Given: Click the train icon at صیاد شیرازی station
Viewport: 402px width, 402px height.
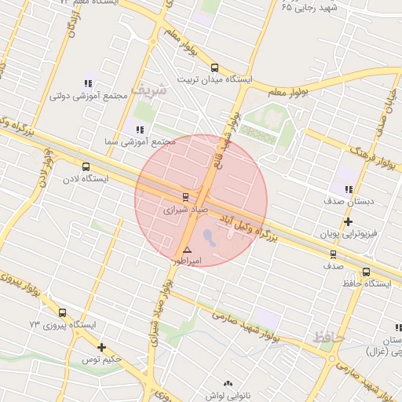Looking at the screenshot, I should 186,196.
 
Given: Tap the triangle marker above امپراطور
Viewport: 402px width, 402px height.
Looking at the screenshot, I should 187,250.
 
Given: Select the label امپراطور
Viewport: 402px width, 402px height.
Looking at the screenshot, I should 187,261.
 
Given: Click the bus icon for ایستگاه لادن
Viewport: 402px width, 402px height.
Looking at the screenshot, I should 86,166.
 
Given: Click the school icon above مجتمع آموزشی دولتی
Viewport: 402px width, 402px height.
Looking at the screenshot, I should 88,83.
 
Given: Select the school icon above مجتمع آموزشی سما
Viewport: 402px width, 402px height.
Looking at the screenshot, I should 139,130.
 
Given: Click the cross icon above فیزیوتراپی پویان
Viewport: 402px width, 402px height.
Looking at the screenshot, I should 349,222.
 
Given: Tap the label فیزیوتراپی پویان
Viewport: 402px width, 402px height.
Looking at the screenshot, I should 349,234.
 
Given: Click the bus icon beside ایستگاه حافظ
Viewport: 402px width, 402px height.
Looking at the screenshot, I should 367,272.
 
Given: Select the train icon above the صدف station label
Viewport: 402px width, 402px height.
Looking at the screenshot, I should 334,254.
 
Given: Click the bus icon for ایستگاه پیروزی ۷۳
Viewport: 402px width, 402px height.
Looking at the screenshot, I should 63,312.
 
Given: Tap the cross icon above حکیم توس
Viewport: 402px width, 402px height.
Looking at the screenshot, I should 101,347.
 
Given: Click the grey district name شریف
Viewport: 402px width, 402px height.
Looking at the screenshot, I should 148,89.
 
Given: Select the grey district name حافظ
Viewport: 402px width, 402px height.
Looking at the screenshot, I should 328,338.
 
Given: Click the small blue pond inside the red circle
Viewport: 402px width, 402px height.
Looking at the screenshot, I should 206,234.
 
